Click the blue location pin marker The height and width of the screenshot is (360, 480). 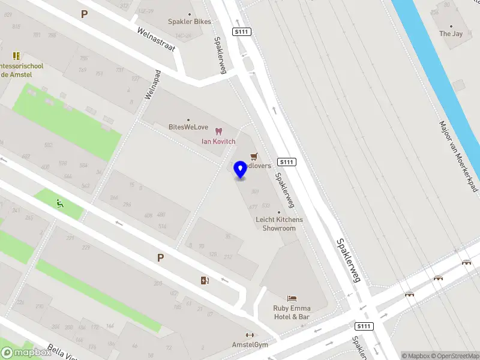(x=241, y=170)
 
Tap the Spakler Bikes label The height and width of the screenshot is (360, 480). (x=190, y=22)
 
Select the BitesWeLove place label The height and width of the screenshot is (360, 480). (x=188, y=127)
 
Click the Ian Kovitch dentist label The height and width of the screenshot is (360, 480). (x=218, y=141)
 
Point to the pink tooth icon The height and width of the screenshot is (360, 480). (x=218, y=131)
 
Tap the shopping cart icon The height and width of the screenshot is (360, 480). (x=253, y=156)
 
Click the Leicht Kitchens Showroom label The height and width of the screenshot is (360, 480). (x=279, y=224)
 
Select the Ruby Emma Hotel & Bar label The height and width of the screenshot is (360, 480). (x=292, y=312)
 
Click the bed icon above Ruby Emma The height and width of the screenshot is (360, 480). (x=292, y=298)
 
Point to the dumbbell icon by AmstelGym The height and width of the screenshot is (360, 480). (x=250, y=335)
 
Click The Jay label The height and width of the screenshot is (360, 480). (x=451, y=34)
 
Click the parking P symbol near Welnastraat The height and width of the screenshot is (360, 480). (x=84, y=13)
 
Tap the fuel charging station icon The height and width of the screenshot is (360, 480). (x=205, y=280)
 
